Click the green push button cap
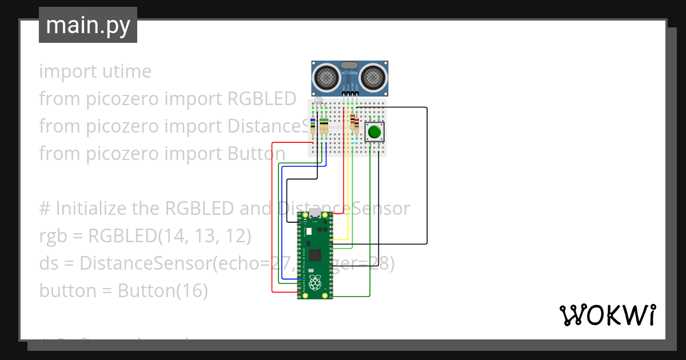tap(374, 133)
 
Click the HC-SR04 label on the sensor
tap(349, 73)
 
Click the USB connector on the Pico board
tap(314, 214)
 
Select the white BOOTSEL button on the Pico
tap(309, 231)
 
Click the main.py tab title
tap(88, 25)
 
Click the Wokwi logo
tap(607, 315)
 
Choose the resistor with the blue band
tap(313, 126)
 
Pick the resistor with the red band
tap(352, 122)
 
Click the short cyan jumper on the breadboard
tap(362, 143)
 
